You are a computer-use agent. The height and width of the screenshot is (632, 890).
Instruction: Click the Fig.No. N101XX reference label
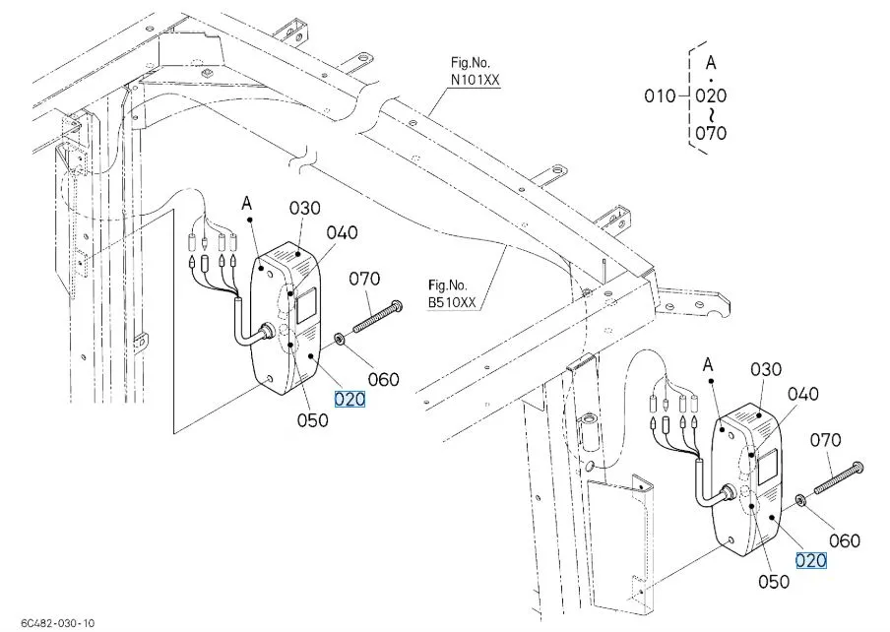coord(475,68)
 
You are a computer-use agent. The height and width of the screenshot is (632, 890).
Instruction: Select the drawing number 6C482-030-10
coord(48,623)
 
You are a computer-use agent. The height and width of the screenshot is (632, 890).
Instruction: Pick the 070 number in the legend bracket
coord(711,132)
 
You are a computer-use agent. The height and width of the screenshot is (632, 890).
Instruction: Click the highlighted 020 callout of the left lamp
coord(350,399)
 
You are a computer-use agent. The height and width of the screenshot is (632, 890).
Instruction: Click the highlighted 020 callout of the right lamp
coord(811,560)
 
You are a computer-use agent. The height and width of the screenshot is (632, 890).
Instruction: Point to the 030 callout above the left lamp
coord(305,208)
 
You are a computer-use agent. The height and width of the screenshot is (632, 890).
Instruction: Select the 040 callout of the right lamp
coord(803,394)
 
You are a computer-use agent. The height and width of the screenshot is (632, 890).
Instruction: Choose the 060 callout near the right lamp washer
coord(844,540)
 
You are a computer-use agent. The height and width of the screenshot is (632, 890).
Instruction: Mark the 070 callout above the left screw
coord(364,279)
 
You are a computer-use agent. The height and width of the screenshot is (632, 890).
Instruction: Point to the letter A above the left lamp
coord(246,203)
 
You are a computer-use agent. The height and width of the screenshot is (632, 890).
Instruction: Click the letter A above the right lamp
coord(706,364)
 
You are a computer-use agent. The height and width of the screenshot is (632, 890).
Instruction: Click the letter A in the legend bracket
coord(711,61)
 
